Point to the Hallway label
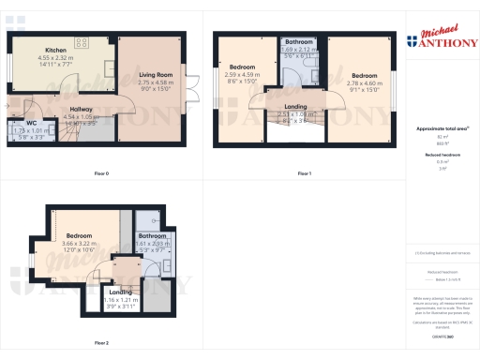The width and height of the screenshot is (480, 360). [82, 109]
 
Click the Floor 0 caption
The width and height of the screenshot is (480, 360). [101, 173]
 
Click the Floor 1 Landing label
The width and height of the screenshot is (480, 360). [295, 106]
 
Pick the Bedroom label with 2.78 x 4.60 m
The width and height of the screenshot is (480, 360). [362, 74]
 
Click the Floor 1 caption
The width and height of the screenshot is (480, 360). [304, 173]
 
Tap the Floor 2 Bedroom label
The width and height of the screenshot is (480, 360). [79, 235]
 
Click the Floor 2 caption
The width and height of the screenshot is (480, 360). [101, 342]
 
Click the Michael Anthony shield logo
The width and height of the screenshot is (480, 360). [413, 41]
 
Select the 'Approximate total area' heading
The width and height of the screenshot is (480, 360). [437, 127]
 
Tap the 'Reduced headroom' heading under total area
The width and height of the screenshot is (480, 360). [437, 154]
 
